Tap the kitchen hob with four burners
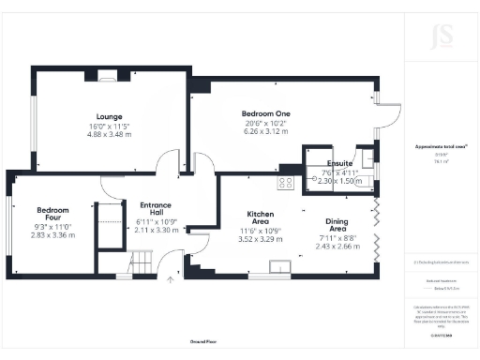click(x=286, y=183)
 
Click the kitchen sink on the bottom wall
click(x=278, y=269)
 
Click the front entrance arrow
click(x=170, y=277)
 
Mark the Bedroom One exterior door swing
click(x=391, y=113)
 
